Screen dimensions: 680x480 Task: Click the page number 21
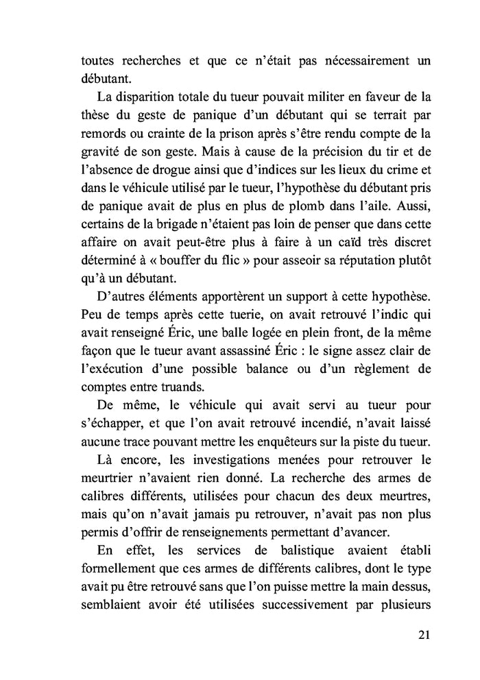pos(423,634)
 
